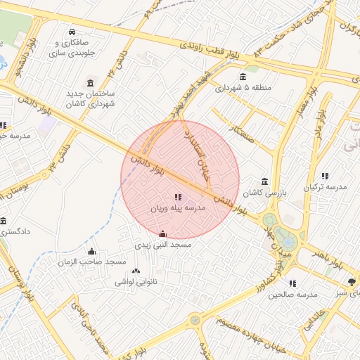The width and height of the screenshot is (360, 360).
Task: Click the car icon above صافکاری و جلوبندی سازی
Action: point(73,32)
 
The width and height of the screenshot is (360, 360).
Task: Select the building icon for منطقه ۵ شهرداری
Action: point(243,77)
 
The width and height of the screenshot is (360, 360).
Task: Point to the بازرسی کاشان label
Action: point(264,192)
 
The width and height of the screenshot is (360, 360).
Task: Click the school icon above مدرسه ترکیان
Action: point(325,176)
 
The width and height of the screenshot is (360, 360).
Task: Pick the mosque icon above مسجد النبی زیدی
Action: point(163,233)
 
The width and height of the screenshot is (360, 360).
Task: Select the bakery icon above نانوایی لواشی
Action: point(136,271)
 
